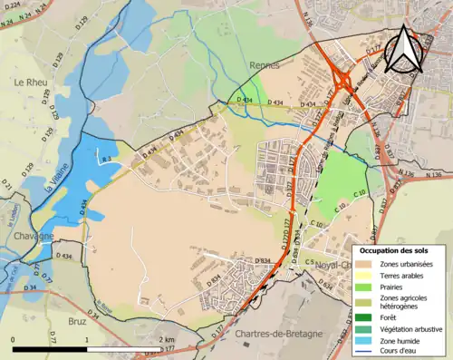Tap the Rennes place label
point(265,65)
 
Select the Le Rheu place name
point(30,82)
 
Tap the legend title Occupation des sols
point(398,249)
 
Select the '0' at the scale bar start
point(13,339)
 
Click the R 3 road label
point(105,161)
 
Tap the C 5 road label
point(309,262)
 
